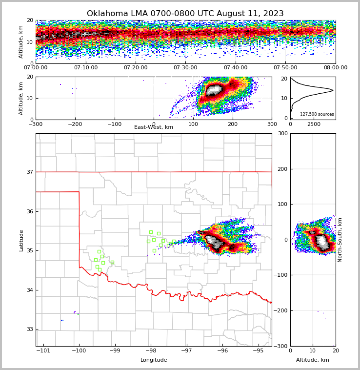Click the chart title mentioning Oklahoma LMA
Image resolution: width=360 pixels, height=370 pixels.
[185, 14]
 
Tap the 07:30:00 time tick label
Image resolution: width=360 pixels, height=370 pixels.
[185, 68]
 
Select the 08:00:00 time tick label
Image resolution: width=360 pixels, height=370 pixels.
[335, 68]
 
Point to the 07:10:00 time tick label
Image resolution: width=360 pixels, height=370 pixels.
[85, 68]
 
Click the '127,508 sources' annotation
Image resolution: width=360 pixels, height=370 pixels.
[317, 114]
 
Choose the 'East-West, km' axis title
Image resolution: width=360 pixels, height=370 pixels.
[154, 127]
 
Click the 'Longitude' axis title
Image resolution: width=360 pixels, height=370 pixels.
[154, 360]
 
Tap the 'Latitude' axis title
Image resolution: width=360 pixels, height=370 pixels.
[21, 240]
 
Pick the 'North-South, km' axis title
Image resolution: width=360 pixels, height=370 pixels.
[340, 240]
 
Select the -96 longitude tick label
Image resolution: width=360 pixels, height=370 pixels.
[222, 351]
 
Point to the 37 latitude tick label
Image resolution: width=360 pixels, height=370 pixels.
[30, 172]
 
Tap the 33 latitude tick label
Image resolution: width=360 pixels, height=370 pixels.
[30, 329]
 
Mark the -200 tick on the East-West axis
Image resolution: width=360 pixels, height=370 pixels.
[75, 124]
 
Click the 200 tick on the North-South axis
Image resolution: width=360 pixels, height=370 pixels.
[282, 169]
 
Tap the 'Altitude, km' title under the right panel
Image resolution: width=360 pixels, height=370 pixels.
[313, 360]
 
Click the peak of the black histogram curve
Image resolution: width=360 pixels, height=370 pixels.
[333, 90]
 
